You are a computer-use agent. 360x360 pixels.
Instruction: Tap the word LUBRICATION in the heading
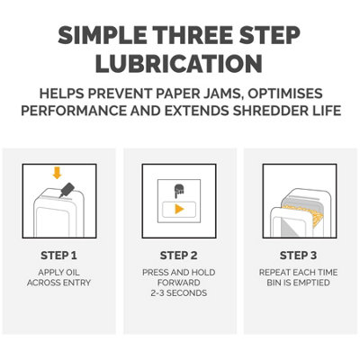pyautogui.click(x=180, y=64)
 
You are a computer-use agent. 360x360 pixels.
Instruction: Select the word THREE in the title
pyautogui.click(x=193, y=37)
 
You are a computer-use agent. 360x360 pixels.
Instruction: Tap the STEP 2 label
pyautogui.click(x=179, y=255)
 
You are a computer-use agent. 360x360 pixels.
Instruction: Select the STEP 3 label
pyautogui.click(x=298, y=255)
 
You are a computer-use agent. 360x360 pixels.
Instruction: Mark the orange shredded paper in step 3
pyautogui.click(x=315, y=216)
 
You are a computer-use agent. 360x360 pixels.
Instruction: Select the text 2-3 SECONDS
pyautogui.click(x=179, y=293)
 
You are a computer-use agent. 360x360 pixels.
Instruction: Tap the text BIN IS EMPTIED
pyautogui.click(x=298, y=283)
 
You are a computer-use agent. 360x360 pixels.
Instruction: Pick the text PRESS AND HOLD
pyautogui.click(x=179, y=271)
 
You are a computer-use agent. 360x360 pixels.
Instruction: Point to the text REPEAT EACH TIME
pyautogui.click(x=298, y=271)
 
